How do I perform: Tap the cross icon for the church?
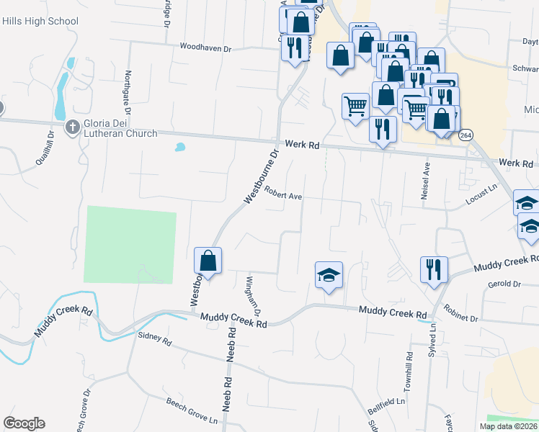tap(72, 128)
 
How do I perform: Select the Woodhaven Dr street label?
tap(205, 48)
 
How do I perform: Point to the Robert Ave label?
tap(282, 193)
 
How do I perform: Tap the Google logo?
tap(24, 423)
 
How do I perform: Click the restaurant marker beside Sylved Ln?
tap(434, 269)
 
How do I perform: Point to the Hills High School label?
tap(40, 22)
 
